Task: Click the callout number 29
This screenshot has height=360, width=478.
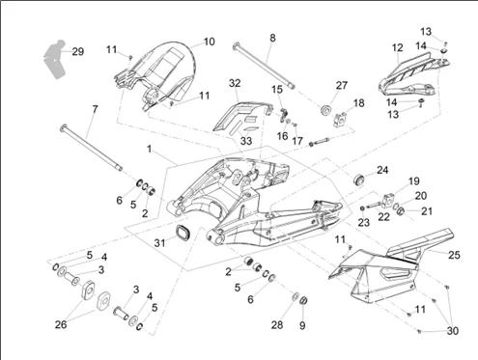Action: click(78, 51)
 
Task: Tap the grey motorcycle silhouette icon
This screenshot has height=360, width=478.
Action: click(55, 60)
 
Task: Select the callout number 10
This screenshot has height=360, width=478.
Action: click(210, 42)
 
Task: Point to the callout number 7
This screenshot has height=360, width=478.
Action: click(95, 109)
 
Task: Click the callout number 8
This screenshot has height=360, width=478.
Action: click(272, 38)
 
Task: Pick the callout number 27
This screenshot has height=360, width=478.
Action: click(342, 85)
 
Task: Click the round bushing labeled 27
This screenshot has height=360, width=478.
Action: click(325, 109)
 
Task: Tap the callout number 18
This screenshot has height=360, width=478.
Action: click(358, 103)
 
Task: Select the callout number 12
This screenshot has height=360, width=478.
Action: click(398, 47)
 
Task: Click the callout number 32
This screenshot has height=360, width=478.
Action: click(235, 83)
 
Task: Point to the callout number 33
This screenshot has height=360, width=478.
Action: click(246, 141)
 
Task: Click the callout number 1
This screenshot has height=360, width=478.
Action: click(149, 150)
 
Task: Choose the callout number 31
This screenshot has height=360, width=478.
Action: click(159, 243)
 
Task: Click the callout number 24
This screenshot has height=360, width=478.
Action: click(382, 170)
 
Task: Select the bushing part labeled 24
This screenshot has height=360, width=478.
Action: click(359, 180)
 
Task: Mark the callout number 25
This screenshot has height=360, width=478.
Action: click(454, 255)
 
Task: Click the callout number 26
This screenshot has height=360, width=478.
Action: click(61, 324)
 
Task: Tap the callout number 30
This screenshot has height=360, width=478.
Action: click(453, 331)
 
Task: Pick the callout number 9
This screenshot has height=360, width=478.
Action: click(302, 325)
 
